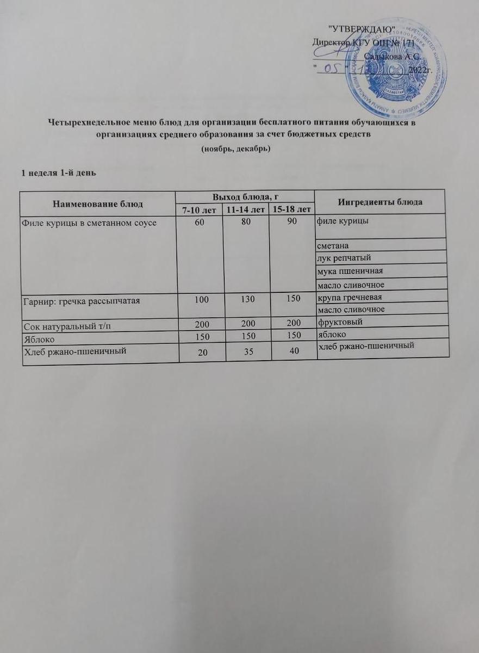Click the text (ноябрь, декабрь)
(x=235, y=149)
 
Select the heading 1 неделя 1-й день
(x=58, y=173)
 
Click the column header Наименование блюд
(x=98, y=204)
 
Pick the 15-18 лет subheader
(x=292, y=210)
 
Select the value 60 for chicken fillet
(x=200, y=221)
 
